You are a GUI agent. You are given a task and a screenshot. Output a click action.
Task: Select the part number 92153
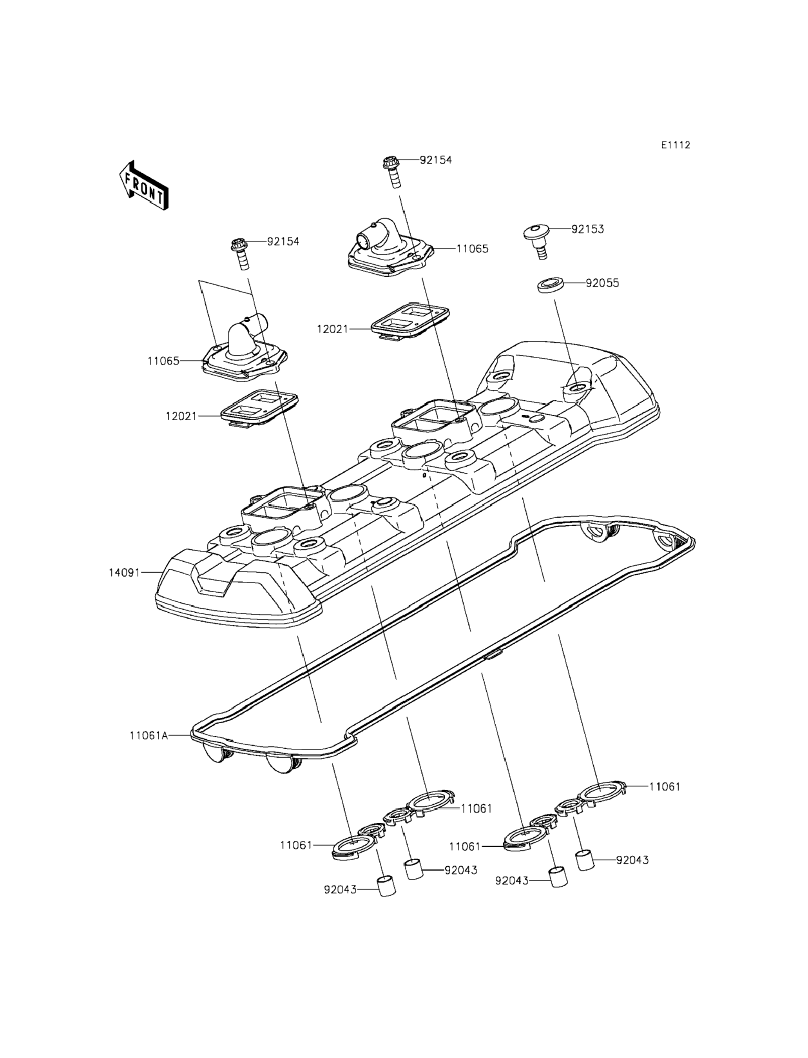587,229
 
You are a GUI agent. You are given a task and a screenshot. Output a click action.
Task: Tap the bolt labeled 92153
538,242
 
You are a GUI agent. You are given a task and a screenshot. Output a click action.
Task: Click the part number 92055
602,283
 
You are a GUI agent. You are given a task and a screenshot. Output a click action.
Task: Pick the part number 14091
124,573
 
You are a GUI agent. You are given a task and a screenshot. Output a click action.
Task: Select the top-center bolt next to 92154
391,172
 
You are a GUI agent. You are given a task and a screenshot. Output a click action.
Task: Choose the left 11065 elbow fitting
245,355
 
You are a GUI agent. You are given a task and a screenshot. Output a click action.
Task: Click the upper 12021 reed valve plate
410,319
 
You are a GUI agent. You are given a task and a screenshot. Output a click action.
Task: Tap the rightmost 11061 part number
665,787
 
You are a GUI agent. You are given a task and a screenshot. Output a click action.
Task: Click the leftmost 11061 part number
296,845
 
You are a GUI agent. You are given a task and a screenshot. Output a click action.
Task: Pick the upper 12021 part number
332,329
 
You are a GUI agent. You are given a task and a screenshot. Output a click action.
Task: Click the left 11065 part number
163,361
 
